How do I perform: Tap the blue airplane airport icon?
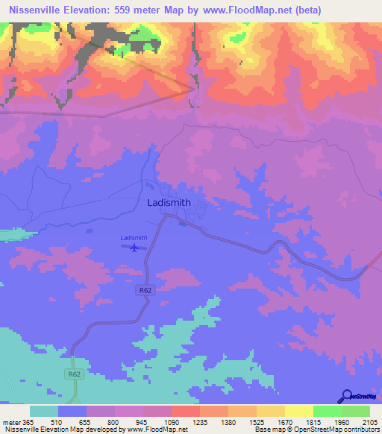pyautogui.click(x=134, y=248)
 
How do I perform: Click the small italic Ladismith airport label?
pyautogui.click(x=134, y=238)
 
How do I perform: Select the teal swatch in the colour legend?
pyautogui.click(x=44, y=411)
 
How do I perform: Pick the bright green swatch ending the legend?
pyautogui.click(x=355, y=411)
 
